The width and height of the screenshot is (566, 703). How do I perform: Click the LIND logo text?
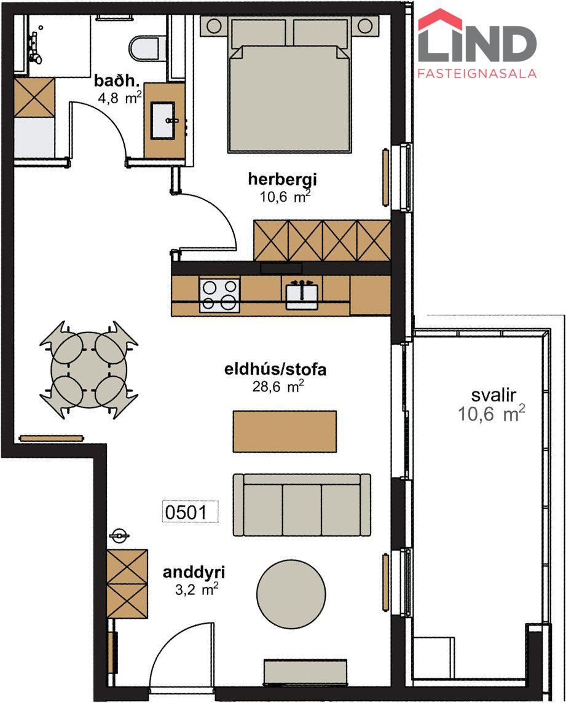coord(477,44)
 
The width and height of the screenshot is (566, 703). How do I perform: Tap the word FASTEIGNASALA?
coord(477,73)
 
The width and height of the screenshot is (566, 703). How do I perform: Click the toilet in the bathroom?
coord(144,48)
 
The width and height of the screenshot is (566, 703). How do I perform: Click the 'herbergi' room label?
coord(283,179)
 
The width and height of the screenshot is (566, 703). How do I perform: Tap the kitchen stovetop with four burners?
coord(219,294)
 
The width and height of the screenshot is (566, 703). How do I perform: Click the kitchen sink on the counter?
coord(302,294)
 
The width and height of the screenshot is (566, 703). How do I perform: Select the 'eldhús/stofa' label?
coord(275,370)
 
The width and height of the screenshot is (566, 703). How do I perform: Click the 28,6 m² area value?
coord(278,387)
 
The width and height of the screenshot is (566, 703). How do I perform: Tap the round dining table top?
coord(88,369)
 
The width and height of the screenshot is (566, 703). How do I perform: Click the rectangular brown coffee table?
coord(285,431)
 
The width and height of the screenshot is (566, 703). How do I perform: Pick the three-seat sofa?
coord(302,505)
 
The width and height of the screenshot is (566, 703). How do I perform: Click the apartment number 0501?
coord(190,511)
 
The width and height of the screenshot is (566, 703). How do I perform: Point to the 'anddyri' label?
coord(194,573)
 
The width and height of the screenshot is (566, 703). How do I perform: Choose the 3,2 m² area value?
coord(197,589)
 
